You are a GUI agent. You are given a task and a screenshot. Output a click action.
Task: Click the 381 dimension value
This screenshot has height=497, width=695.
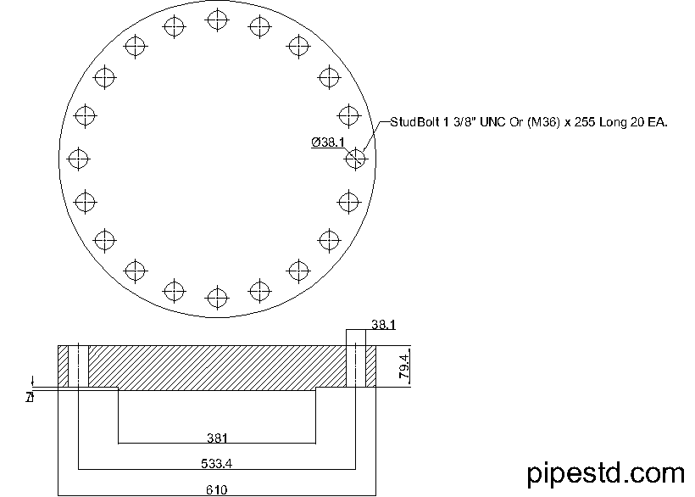click(216, 438)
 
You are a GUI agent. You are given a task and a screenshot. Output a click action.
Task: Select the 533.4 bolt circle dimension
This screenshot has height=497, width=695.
click(216, 464)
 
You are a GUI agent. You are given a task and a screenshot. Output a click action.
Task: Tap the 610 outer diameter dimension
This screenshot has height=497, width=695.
click(216, 489)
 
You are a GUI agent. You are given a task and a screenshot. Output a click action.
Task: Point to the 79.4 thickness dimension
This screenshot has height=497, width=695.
click(405, 366)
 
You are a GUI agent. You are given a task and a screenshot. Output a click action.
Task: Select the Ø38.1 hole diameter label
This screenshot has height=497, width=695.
click(328, 142)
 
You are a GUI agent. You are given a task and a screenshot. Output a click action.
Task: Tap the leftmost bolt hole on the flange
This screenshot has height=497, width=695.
click(78, 158)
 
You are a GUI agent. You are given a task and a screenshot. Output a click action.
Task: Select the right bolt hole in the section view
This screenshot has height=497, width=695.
click(356, 366)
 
